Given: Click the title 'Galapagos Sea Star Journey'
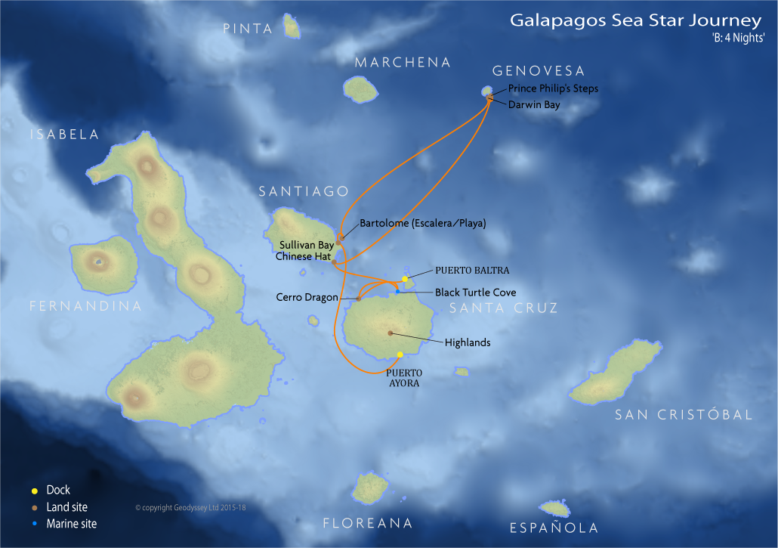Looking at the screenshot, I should (635, 20).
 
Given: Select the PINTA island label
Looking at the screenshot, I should (248, 29).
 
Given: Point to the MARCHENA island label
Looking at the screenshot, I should (403, 63).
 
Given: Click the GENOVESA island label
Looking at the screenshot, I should (539, 71).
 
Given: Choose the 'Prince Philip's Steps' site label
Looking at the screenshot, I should (553, 88).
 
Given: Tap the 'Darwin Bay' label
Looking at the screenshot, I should (534, 105).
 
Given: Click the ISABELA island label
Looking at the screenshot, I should (64, 135).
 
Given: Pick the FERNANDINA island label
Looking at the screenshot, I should (85, 306).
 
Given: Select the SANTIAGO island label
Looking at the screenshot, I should (304, 192).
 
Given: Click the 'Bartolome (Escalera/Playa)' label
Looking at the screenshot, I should (422, 224).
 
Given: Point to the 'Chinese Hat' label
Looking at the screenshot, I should (303, 256).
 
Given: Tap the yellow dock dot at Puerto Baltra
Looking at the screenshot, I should (405, 280).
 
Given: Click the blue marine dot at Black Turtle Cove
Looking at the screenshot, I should (397, 292).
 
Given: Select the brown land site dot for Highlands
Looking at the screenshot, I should (391, 333).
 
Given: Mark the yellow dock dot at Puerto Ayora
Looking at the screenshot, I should (400, 354).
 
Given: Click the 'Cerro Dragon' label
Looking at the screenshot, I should (307, 298).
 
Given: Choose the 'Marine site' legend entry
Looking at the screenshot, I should (71, 523).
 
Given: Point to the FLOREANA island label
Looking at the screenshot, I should (368, 523).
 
